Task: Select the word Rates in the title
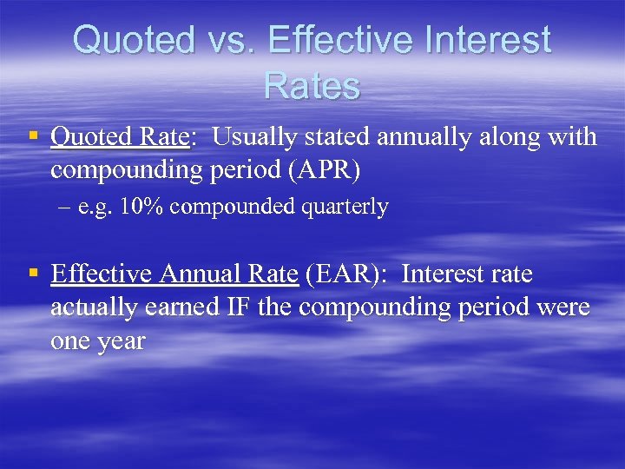(312, 86)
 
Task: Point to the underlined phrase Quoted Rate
(121, 137)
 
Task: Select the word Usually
(253, 137)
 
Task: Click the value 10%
(137, 208)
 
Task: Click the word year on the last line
(120, 340)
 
